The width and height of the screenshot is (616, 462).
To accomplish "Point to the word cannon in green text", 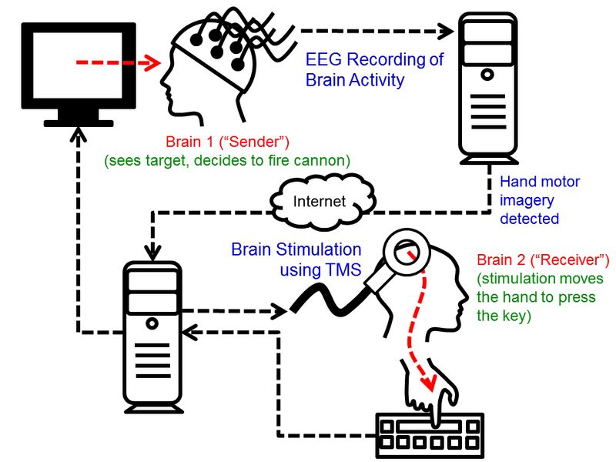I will click(326, 161).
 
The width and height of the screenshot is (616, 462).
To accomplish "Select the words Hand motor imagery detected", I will click(540, 200).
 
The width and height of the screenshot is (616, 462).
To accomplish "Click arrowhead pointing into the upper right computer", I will click(446, 32).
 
